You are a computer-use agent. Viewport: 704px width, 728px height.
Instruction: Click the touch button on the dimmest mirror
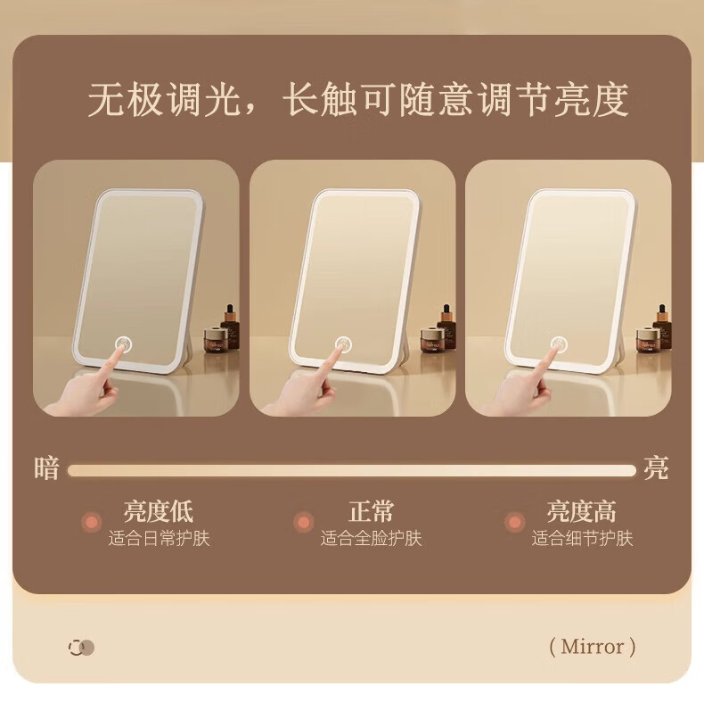tap(123, 344)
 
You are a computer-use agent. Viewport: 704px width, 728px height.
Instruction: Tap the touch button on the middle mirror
tap(343, 344)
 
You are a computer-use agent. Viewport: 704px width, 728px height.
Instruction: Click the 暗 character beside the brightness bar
tap(47, 468)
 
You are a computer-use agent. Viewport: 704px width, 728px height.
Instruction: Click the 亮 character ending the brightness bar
tap(656, 468)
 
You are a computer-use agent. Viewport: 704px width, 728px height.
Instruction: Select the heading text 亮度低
tap(159, 511)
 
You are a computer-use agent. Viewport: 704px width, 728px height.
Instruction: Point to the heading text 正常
tap(371, 511)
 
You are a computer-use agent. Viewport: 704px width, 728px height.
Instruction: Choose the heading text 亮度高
tap(582, 511)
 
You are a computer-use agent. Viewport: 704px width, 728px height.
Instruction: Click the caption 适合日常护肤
tap(160, 539)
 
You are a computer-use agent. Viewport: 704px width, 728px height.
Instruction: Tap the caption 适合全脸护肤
tap(371, 539)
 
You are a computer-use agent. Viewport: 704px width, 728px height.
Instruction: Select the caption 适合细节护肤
tap(582, 539)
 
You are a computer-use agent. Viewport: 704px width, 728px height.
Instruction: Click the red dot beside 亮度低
tap(92, 522)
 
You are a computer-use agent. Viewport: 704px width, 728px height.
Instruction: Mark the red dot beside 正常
tap(303, 522)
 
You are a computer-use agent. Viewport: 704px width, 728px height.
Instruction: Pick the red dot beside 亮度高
tap(514, 522)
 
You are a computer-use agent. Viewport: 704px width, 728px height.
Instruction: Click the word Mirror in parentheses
tap(593, 646)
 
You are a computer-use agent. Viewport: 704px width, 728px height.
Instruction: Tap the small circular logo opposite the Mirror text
tap(82, 647)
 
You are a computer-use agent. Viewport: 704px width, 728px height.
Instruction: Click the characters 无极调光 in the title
tap(165, 99)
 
